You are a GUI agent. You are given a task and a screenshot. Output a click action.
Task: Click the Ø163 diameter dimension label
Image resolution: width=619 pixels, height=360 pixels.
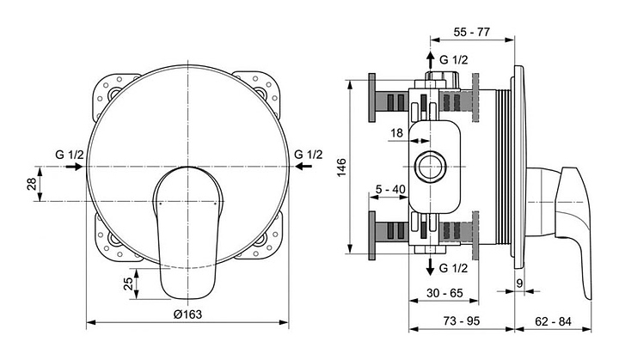187,314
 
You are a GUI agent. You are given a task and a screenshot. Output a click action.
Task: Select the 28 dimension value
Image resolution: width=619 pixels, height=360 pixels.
32,184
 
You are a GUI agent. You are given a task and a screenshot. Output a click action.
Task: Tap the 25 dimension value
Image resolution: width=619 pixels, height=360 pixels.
129,284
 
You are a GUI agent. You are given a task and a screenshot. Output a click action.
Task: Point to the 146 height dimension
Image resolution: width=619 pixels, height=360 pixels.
341,168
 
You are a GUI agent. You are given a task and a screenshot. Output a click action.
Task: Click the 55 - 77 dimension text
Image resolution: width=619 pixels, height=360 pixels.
472,32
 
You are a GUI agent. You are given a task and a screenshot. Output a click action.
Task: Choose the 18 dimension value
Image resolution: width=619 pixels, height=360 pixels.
396,133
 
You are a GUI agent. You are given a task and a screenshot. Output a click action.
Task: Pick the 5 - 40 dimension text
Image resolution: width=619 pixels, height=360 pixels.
390,190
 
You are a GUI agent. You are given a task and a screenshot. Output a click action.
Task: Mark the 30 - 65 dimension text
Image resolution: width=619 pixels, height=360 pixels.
445,293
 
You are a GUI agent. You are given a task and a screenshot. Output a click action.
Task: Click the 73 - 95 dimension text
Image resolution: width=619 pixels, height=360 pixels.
462,321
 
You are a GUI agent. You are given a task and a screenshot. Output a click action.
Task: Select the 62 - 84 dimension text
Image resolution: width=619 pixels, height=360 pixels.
553,321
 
